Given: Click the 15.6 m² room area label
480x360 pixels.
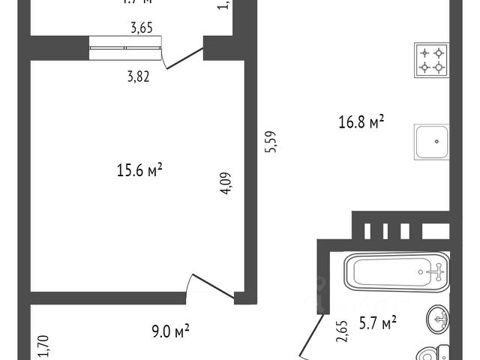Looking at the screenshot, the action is [139, 171].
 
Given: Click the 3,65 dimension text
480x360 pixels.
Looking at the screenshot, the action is [141, 28].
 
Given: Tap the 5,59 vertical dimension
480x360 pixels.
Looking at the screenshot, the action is [271, 142].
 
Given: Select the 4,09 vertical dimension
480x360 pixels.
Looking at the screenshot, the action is [226, 184].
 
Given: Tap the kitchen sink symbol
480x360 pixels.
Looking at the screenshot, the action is [431, 140].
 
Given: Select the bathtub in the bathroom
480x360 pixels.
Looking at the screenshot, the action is [396, 271].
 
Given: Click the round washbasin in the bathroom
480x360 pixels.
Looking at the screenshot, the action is [437, 319].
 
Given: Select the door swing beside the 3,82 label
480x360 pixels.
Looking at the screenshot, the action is [182, 58].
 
